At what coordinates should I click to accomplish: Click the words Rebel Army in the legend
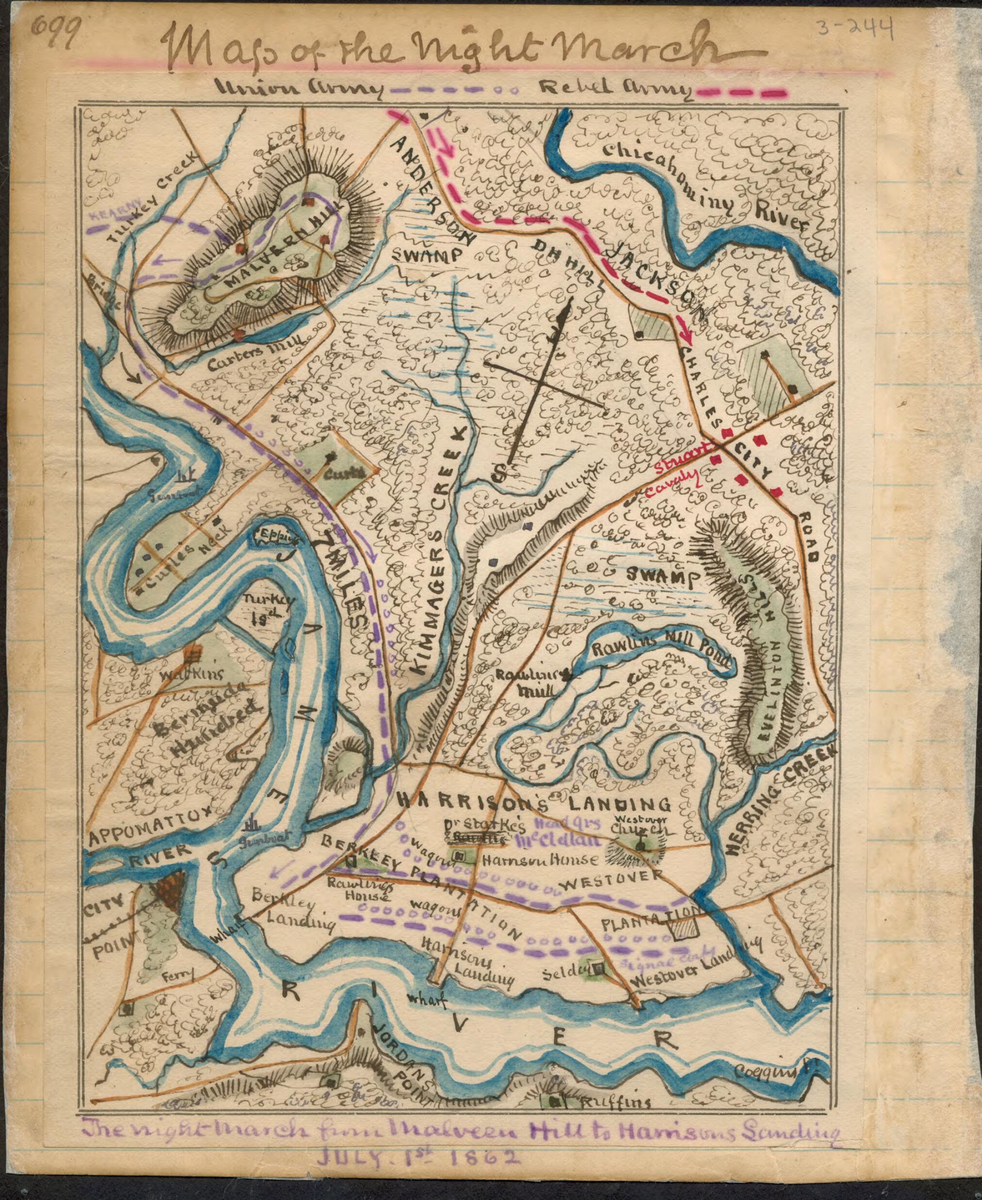click(615, 88)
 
